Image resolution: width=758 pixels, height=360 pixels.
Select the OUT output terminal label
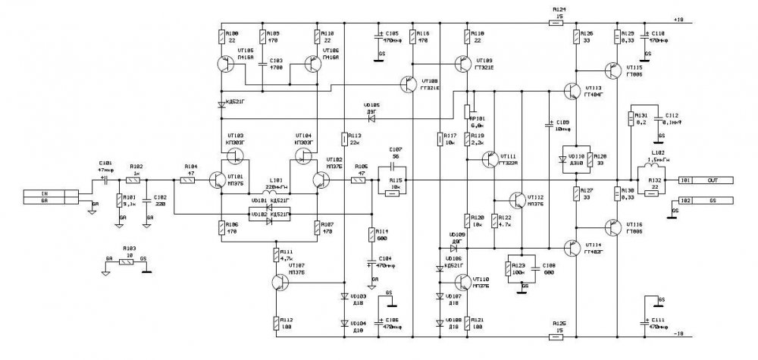click(x=712, y=181)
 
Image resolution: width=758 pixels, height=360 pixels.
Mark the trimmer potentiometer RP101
click(x=469, y=112)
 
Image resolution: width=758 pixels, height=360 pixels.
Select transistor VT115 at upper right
click(x=615, y=70)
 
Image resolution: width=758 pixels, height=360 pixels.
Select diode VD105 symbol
click(x=371, y=116)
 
